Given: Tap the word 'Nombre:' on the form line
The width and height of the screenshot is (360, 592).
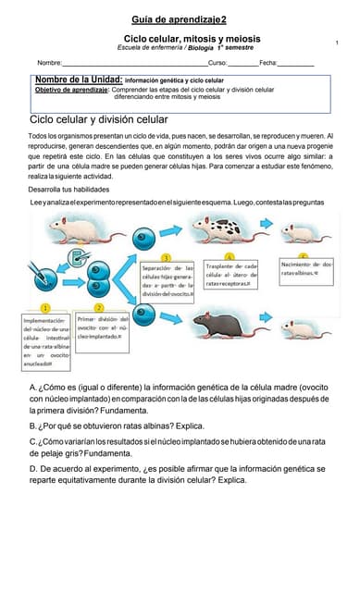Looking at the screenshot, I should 49,62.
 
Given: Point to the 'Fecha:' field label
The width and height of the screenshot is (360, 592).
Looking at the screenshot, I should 268,62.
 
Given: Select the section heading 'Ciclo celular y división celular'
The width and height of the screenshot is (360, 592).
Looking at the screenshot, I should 99,120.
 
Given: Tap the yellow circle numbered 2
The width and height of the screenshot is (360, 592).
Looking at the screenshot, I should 99,306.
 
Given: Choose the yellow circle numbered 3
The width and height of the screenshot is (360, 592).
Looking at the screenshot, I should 165,256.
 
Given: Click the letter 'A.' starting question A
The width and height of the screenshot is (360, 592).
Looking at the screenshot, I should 34,388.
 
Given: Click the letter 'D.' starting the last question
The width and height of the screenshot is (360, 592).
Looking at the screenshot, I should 34,469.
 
